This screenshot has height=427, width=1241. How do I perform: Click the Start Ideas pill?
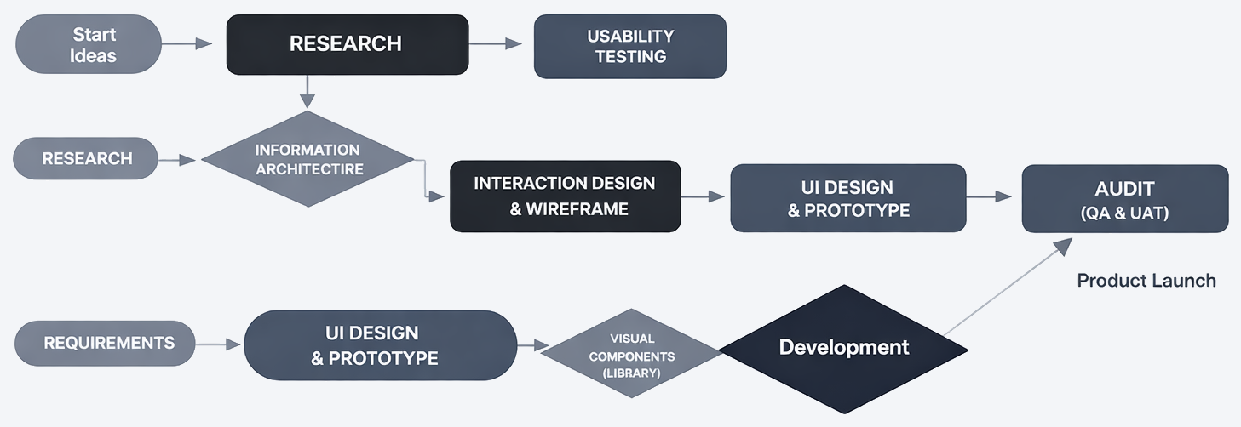point(89,44)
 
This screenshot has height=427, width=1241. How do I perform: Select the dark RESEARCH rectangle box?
point(347,44)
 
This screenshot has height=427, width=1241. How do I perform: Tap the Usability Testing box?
point(630,47)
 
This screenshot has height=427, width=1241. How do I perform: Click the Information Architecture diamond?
point(308,159)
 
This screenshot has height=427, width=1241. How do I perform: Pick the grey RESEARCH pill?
point(87,159)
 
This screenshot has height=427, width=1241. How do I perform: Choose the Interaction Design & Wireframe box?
point(565,196)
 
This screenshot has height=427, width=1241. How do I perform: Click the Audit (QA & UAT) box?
point(1124,199)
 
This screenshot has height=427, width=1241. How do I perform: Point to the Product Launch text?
point(1146,280)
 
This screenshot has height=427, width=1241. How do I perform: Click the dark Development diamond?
point(844,347)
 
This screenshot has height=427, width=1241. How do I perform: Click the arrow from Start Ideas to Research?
point(188,43)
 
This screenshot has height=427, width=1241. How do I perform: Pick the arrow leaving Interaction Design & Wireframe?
point(704,196)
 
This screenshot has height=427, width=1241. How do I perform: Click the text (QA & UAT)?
point(1124,214)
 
